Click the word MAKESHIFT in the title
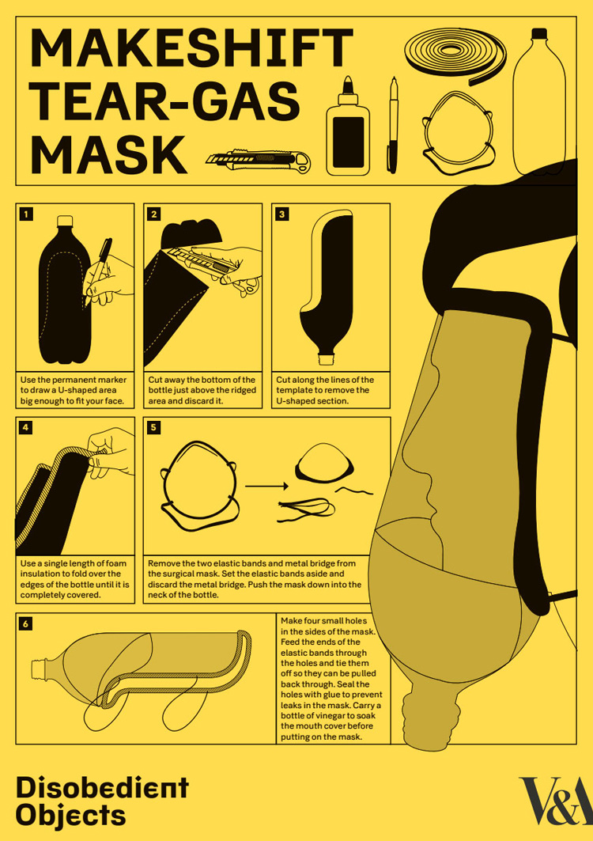tap(191, 48)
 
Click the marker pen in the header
tap(393, 127)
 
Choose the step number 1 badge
tap(28, 214)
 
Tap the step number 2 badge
tap(155, 214)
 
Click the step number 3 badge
tap(282, 214)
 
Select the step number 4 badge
tap(28, 427)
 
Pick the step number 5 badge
tap(155, 427)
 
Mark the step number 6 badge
tap(28, 623)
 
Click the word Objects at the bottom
tap(71, 815)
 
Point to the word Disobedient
tap(102, 787)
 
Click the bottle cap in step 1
tap(66, 221)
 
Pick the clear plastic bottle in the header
tap(539, 103)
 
